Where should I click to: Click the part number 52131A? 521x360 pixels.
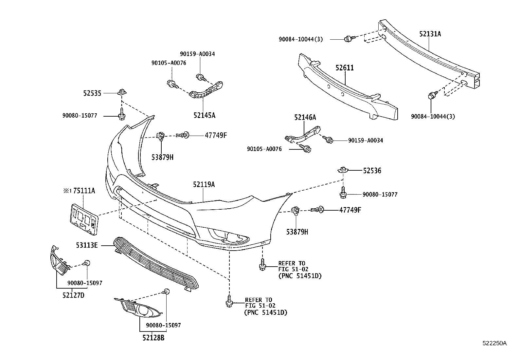430,34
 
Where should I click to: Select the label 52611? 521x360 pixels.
344,68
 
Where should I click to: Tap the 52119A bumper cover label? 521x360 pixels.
204,185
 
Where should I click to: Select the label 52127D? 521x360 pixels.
73,295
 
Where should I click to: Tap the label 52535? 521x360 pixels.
92,93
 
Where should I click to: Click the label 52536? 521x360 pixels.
372,171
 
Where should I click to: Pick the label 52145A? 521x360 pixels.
204,115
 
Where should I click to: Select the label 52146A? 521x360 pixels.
305,117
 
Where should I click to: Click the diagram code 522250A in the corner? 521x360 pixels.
494,343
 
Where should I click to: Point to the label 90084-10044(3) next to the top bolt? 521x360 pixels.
301,39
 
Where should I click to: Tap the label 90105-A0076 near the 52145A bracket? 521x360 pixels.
169,63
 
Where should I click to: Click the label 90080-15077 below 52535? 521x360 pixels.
80,116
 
